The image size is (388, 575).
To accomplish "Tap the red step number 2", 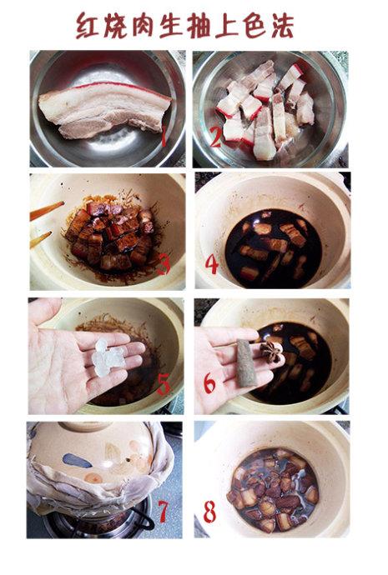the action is point(215,137).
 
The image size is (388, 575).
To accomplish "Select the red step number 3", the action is point(164,265).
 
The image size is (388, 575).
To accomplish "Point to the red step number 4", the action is point(212,265).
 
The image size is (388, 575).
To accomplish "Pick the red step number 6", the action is point(209,383).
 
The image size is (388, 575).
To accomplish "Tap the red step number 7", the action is point(163,512).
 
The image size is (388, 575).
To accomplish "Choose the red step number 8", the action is point(209,512).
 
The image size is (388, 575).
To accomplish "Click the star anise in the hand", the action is point(272,352).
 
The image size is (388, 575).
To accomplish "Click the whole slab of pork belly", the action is point(104,109).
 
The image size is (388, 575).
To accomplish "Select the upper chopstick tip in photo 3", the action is point(63,202).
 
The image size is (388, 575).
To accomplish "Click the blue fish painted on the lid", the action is point(78,461).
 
